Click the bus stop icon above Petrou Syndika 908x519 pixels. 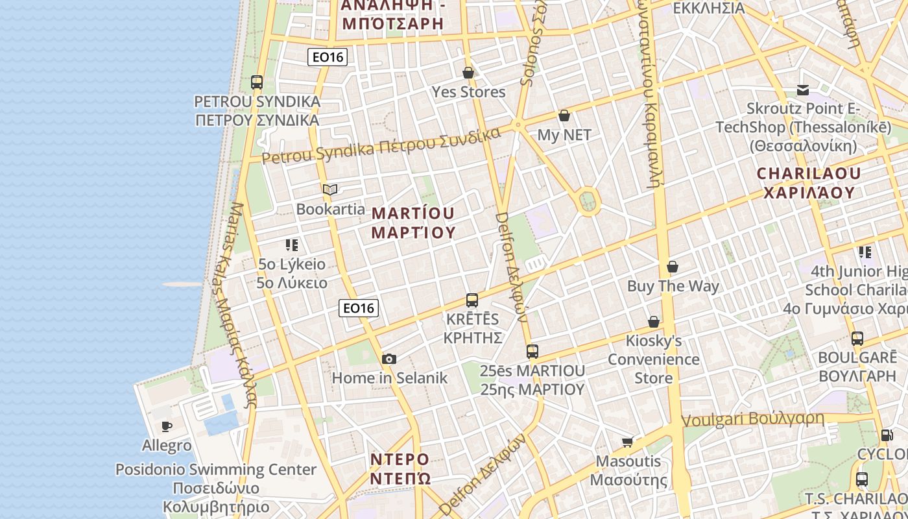257,82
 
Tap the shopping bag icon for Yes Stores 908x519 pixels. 468,73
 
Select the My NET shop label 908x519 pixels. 564,134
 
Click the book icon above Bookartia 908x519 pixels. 330,189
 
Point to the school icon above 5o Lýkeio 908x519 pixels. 292,245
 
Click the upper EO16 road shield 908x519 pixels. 328,57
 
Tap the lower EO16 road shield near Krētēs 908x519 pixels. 359,308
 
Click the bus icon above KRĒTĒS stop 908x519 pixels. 472,300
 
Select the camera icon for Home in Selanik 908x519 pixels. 389,359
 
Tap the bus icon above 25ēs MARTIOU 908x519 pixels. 532,352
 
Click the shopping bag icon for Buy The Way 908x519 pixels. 673,267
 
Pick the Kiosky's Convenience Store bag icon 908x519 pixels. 654,322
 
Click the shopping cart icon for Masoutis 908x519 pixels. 627,442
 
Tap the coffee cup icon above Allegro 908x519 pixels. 167,426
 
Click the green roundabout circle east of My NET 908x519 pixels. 588,201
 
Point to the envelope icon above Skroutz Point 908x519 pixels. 803,90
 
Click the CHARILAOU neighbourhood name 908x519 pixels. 809,173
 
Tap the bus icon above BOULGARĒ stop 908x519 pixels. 857,338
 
